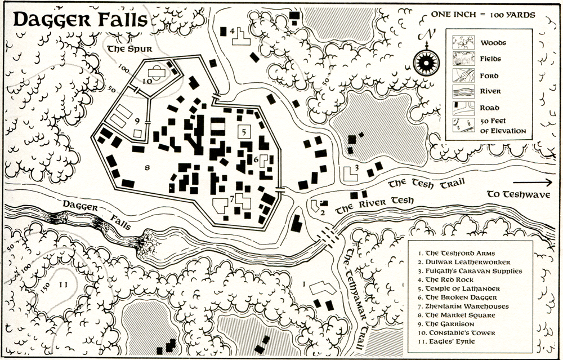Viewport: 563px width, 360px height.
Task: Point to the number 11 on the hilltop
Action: point(63,285)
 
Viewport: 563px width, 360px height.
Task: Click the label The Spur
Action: point(128,49)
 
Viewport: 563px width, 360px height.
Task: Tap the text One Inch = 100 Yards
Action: point(482,15)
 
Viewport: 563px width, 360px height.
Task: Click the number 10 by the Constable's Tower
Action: point(148,81)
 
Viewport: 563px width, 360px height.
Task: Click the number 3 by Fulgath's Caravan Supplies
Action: point(356,167)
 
